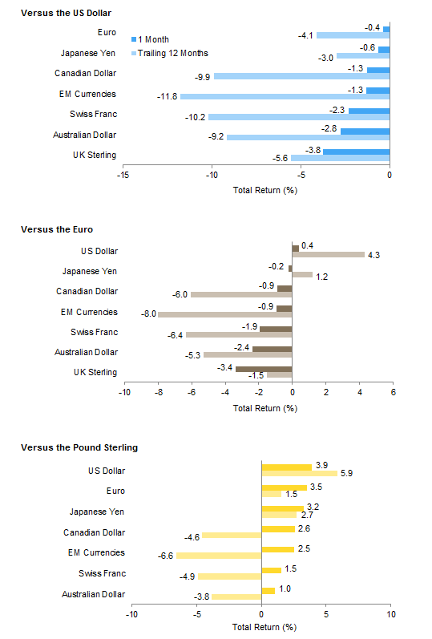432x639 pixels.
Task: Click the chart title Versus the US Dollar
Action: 66,14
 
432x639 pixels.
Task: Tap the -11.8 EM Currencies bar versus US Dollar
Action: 285,96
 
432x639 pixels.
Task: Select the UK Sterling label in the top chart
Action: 94,154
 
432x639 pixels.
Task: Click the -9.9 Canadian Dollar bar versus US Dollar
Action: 301,76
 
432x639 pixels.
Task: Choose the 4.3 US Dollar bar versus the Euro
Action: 328,255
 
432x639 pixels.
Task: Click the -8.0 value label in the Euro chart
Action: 147,314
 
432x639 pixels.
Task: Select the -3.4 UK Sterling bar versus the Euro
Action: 264,369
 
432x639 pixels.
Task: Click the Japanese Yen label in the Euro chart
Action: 90,272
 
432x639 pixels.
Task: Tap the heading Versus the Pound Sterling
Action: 73,447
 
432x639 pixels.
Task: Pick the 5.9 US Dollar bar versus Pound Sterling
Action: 300,474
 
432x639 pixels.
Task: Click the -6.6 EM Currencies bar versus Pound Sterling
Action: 219,555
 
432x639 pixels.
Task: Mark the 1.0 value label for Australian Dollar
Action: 285,589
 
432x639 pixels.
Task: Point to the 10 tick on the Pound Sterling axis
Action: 391,615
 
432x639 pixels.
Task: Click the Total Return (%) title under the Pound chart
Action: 264,628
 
